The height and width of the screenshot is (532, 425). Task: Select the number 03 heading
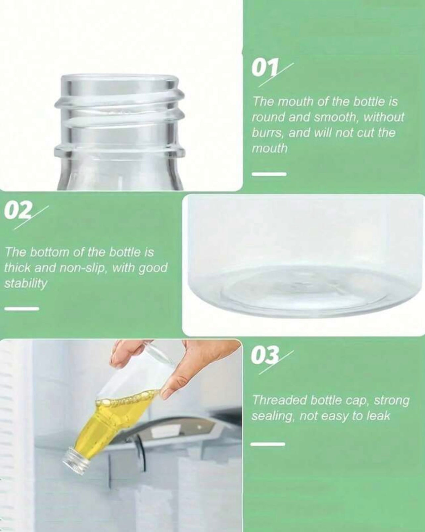point(265,355)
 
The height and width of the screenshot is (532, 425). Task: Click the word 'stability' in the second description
point(26,284)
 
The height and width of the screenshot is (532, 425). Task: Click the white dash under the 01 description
point(269,174)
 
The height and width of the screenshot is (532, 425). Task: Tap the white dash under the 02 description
point(22,309)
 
